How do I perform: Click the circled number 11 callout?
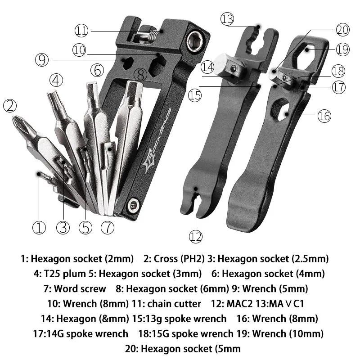(x=81, y=31)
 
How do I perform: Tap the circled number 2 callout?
(x=10, y=107)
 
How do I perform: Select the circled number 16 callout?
(x=324, y=116)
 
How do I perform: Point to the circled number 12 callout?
(x=196, y=236)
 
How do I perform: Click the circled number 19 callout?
(x=342, y=49)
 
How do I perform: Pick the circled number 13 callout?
(x=228, y=19)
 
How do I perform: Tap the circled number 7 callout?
(x=108, y=227)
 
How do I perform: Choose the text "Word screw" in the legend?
(x=80, y=288)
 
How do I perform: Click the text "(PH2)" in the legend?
(x=192, y=258)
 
